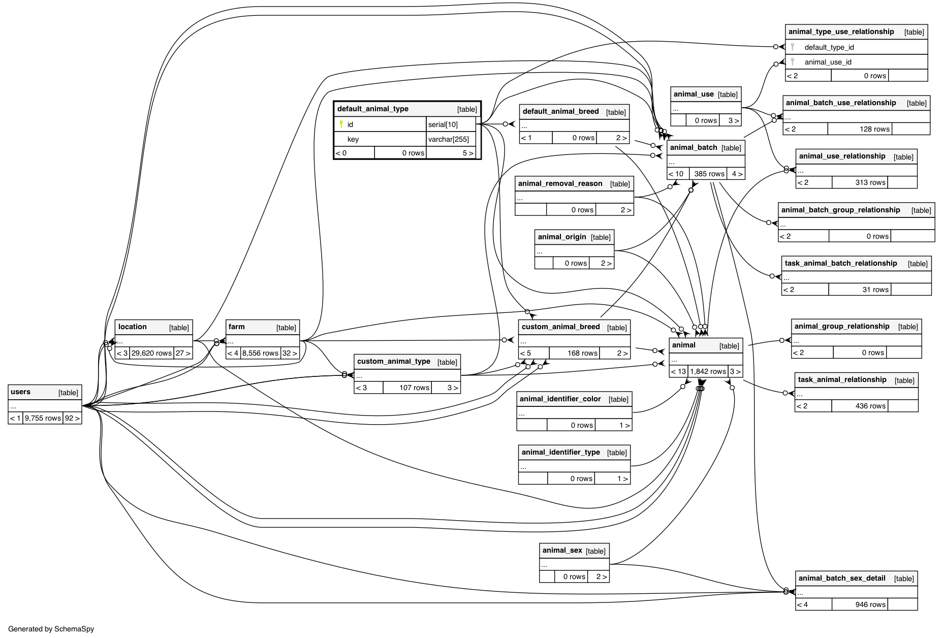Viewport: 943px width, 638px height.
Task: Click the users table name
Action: (x=20, y=392)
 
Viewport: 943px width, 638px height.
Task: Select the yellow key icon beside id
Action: (x=341, y=124)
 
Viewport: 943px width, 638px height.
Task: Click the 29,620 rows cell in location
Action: (x=151, y=353)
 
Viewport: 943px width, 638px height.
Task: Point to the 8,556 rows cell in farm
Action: (x=260, y=353)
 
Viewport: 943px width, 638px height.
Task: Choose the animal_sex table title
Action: (x=562, y=550)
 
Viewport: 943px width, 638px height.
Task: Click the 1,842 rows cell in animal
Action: (x=708, y=371)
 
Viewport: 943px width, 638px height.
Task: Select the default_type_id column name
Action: (x=829, y=47)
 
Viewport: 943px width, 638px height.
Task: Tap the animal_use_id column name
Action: (x=828, y=62)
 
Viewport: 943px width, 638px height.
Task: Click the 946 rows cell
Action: (x=870, y=604)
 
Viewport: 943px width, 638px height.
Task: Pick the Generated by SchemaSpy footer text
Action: (x=51, y=629)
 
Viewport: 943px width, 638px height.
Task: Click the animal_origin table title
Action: (x=561, y=237)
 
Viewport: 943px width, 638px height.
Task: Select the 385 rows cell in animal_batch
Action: (x=709, y=174)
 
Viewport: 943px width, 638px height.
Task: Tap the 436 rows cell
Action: (x=870, y=406)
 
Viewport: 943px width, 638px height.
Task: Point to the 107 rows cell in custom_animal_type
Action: (x=414, y=388)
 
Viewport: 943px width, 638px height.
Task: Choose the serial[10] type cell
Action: (x=443, y=124)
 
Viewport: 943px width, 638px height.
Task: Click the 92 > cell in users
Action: (x=72, y=418)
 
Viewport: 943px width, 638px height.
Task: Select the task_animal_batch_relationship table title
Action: (x=840, y=263)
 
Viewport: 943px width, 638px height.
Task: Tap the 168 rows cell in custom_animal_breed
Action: (x=582, y=353)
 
